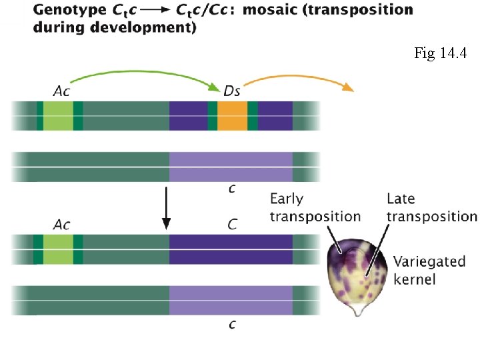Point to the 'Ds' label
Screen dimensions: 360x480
pos(231,91)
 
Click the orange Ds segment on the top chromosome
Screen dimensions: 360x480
pos(232,115)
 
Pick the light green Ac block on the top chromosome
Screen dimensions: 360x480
pos(58,115)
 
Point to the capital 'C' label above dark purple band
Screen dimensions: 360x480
pos(231,224)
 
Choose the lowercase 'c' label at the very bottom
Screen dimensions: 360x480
pos(231,324)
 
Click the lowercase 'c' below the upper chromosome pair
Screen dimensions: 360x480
pos(231,189)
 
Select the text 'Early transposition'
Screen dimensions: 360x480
pos(315,207)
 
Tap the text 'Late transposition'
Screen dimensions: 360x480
pos(431,207)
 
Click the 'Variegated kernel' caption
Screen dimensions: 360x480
pos(429,269)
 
